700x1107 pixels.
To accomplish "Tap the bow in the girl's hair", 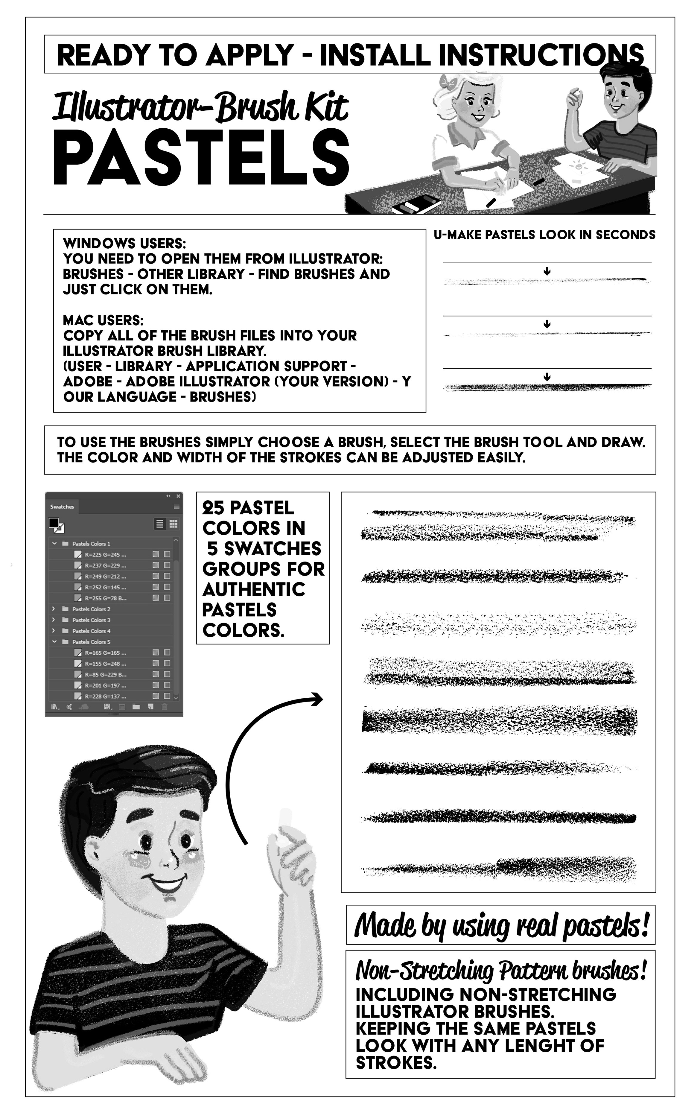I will tap(447, 83).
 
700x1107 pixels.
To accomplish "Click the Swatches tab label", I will tap(62, 507).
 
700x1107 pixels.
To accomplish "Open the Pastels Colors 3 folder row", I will tap(92, 620).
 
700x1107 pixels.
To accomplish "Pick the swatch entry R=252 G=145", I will tap(105, 587).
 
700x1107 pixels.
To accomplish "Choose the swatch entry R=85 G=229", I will tap(105, 674).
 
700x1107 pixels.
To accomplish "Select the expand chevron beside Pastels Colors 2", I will tap(54, 609).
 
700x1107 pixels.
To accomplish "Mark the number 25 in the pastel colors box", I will tap(213, 508).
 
